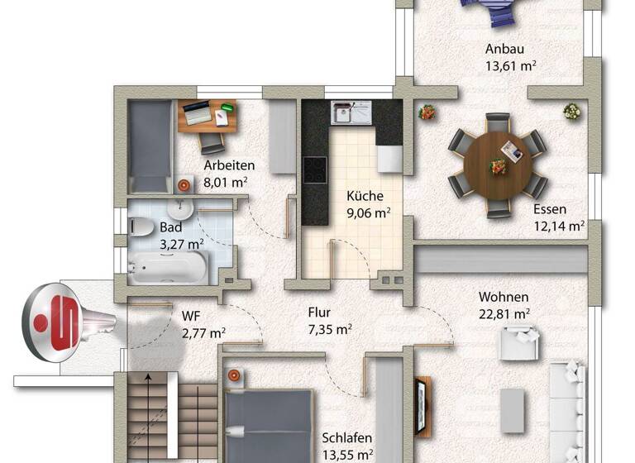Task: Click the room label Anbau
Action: click(x=504, y=50)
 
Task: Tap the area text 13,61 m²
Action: click(x=509, y=67)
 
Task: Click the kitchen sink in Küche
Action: click(x=351, y=113)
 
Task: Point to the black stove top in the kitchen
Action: click(x=314, y=169)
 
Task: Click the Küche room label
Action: click(x=365, y=196)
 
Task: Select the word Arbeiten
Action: click(x=228, y=165)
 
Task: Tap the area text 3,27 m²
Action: click(x=182, y=243)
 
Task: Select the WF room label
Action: click(x=191, y=314)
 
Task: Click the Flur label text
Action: click(x=319, y=313)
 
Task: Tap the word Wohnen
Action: click(x=504, y=297)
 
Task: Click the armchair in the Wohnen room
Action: click(x=518, y=342)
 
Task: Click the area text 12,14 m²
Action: click(x=559, y=225)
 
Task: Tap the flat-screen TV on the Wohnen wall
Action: click(x=423, y=406)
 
